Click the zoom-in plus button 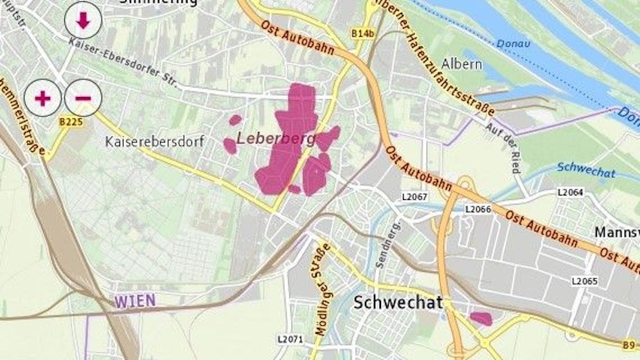42,98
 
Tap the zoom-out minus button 83,98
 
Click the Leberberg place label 274,138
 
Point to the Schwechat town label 398,303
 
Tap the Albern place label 459,64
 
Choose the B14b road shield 362,33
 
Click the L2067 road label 415,195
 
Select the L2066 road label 477,210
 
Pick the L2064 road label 569,192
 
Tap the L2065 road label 585,281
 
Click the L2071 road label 290,338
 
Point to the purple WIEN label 136,300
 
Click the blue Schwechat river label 586,173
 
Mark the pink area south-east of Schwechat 481,318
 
